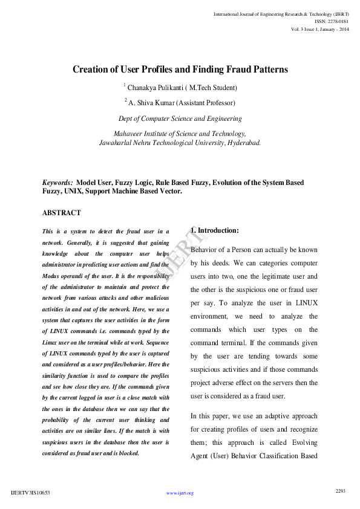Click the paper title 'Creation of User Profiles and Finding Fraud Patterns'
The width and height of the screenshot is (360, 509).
point(180,70)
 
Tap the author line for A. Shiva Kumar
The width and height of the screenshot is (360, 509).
point(182,103)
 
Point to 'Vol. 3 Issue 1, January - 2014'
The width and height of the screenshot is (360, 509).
point(319,29)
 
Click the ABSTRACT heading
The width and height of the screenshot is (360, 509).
point(61,213)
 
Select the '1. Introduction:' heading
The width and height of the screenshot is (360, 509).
point(215,230)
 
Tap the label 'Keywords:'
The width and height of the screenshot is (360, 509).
point(57,183)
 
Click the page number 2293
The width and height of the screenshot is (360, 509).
point(340,491)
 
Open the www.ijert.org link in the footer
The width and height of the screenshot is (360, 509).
point(180,493)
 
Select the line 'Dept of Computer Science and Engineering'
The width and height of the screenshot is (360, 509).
point(180,119)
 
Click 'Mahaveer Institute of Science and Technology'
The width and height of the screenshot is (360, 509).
point(180,134)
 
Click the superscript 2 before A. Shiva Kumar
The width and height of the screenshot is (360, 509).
point(126,100)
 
